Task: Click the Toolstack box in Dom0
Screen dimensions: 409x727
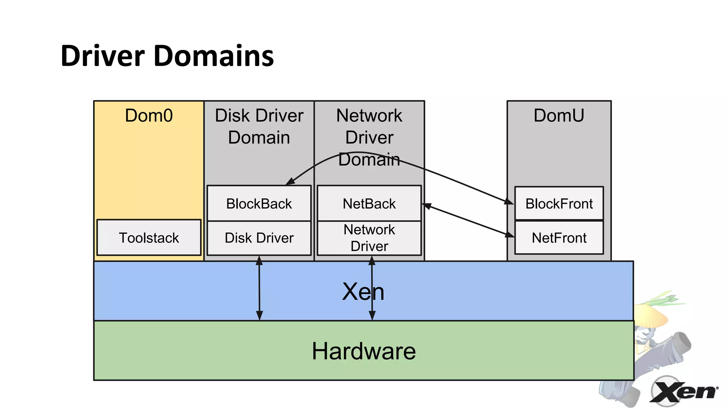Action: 149,238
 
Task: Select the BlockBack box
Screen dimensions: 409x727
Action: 259,203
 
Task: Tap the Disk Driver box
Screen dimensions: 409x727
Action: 259,238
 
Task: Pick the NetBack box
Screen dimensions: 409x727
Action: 369,203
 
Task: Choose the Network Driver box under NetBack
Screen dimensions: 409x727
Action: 369,238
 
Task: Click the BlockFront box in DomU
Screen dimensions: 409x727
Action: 559,203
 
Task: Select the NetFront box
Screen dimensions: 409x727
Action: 559,238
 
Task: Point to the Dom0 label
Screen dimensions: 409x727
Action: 149,115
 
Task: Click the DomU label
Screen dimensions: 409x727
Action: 559,115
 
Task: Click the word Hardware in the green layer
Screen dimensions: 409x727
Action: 363,351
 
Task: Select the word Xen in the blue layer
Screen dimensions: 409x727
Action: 363,291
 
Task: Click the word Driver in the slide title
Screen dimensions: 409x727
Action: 103,56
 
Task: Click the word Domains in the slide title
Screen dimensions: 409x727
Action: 214,56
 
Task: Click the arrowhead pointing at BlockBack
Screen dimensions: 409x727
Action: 290,181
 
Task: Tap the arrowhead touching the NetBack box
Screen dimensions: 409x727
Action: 426,206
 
